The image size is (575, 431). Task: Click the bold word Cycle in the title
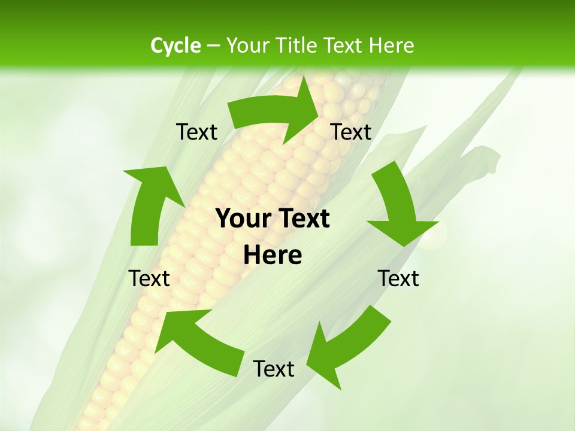tap(175, 45)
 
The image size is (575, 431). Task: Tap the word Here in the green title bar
tap(392, 45)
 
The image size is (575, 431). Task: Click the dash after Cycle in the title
tap(213, 45)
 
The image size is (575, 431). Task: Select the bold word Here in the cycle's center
tap(273, 256)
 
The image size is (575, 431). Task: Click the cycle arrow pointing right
tap(276, 111)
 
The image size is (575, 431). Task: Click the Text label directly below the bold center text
tap(273, 369)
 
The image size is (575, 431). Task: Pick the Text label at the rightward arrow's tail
tap(196, 132)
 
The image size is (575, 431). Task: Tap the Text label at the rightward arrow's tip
tap(351, 132)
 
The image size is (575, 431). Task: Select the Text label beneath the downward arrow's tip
tap(398, 278)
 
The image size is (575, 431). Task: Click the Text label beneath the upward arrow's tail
tap(149, 278)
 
